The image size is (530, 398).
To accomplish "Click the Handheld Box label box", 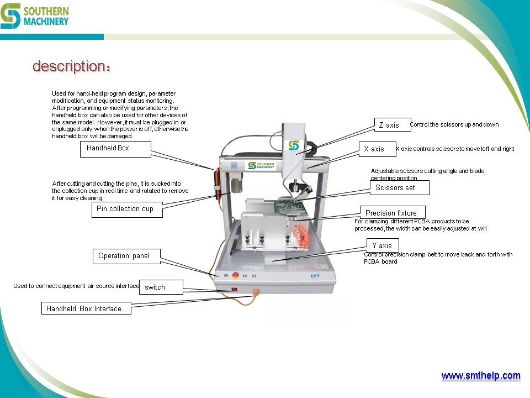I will (115, 149).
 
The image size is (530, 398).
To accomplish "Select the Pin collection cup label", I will (126, 209).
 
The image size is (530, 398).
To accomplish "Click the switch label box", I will (160, 287).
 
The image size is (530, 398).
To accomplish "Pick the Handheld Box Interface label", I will (86, 308).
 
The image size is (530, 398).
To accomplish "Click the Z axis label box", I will (392, 125).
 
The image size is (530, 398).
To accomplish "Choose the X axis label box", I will (378, 149).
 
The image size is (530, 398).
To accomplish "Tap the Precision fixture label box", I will (394, 213).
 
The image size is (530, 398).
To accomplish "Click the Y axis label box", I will (382, 245).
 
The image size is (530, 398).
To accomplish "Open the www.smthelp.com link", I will (480, 376).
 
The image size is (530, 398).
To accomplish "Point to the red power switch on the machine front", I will (234, 289).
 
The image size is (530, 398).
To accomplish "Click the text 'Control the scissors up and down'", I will (454, 125).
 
